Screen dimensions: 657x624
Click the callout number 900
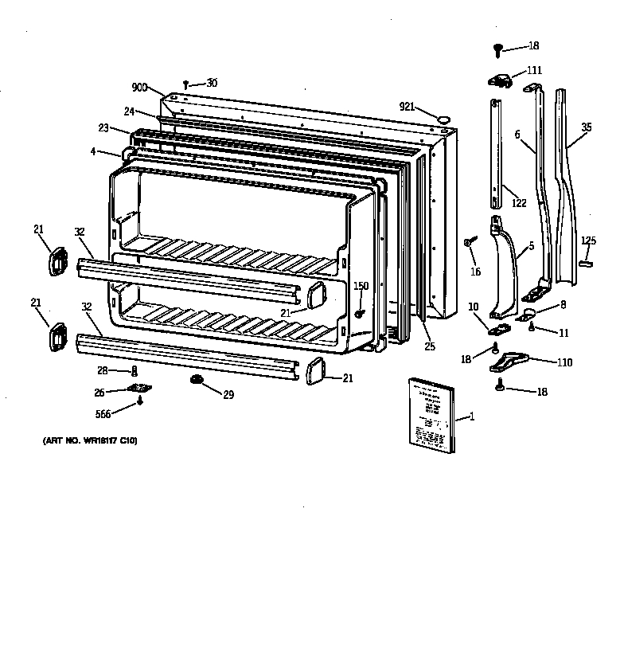click(x=139, y=88)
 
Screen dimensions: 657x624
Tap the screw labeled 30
click(x=185, y=84)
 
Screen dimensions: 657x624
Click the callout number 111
click(x=534, y=71)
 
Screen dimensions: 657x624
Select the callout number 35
click(x=586, y=127)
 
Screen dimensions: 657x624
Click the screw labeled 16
click(x=470, y=241)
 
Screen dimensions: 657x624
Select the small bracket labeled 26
click(x=140, y=388)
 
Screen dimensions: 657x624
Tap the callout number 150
click(x=361, y=286)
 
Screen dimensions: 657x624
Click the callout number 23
click(x=103, y=127)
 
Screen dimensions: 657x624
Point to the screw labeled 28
click(x=135, y=370)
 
